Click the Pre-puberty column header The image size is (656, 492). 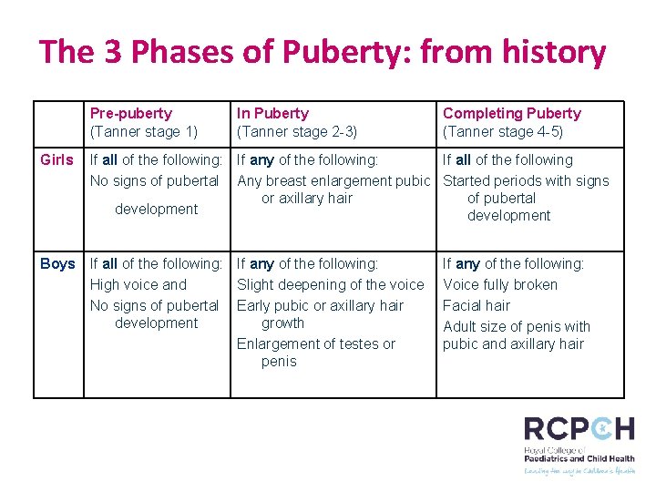[130, 113]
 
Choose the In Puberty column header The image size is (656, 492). [272, 113]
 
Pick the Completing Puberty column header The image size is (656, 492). [511, 113]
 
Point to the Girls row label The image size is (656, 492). [57, 159]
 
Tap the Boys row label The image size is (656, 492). [57, 263]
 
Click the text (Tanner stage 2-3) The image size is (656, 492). [297, 130]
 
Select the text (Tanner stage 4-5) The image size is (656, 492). [503, 130]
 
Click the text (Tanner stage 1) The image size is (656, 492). [144, 130]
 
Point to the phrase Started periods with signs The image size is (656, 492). [526, 180]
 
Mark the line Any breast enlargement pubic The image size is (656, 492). [333, 180]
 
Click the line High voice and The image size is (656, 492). [138, 284]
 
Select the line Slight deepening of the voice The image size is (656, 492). [331, 284]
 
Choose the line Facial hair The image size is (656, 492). [477, 305]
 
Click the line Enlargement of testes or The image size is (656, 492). [316, 343]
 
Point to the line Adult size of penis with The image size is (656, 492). [517, 326]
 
